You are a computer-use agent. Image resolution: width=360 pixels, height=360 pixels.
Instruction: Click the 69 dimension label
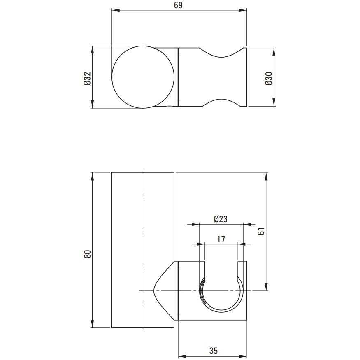point(178,5)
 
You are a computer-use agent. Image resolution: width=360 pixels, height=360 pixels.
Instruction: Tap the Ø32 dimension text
point(88,79)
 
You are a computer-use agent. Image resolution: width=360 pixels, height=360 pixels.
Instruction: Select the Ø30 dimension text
point(268,79)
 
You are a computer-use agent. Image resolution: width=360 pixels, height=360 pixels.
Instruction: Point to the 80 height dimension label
point(88,254)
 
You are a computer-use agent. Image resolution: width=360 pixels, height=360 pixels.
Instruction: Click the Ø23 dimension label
point(221,219)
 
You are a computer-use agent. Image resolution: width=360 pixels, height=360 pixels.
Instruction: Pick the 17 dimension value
point(221,239)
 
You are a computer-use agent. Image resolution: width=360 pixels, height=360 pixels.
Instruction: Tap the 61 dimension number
point(261,231)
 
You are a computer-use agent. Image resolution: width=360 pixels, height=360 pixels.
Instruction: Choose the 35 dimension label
point(214,351)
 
